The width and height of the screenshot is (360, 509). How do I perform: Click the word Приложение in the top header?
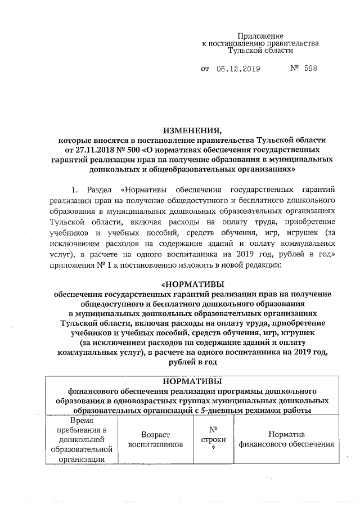click(x=259, y=35)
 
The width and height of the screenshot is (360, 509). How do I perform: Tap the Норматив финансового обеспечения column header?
click(x=286, y=439)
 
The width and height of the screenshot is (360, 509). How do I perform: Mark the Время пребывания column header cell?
click(x=81, y=439)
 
